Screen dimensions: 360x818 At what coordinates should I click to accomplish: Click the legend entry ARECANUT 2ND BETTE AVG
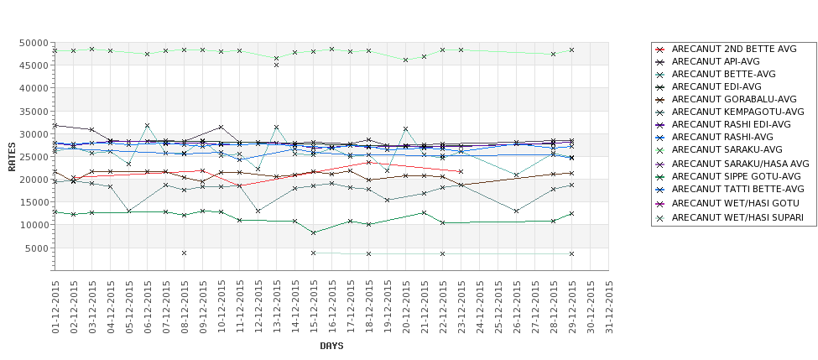(x=734, y=49)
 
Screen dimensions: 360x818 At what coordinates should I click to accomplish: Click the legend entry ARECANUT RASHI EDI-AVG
(x=732, y=124)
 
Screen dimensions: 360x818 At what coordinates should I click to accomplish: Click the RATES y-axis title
(x=13, y=156)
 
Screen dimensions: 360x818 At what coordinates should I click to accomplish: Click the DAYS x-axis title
(x=331, y=346)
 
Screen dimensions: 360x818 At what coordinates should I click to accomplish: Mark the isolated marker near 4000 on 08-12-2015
(x=184, y=253)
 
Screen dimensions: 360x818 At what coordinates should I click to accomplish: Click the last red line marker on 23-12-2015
(x=461, y=171)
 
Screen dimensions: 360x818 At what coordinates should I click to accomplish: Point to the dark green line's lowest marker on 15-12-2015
(x=313, y=232)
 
